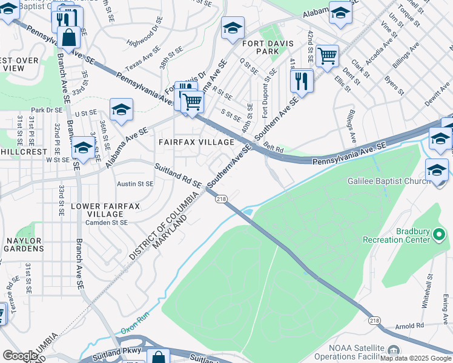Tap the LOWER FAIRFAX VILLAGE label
coord(105,210)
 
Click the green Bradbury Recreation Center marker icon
coord(441,234)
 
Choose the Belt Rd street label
coord(274,148)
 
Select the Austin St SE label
coord(135,184)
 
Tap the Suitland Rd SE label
coord(177,174)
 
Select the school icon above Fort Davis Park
coord(233,28)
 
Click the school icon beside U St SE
coord(121,110)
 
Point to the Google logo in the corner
coord(20,356)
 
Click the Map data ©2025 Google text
coord(415,358)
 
